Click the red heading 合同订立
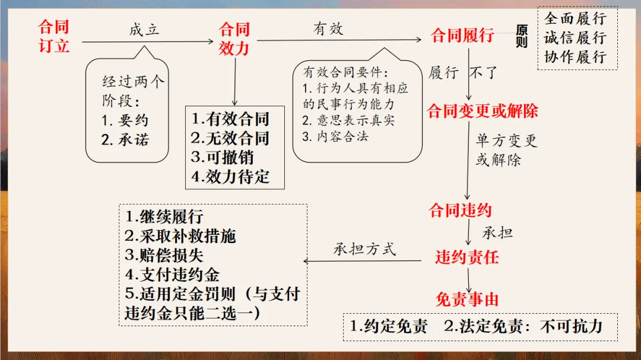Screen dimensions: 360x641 pos(54,36)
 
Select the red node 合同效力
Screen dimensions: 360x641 pos(234,38)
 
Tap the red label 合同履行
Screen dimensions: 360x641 pos(462,36)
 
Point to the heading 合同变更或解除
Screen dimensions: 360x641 pos(483,111)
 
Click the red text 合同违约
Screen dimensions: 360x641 pos(461,210)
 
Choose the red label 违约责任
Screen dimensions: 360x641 pos(467,257)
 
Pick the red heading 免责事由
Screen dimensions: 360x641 pos(467,300)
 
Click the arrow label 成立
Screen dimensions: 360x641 pos(144,29)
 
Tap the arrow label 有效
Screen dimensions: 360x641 pos(328,28)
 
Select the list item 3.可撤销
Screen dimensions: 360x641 pos(222,158)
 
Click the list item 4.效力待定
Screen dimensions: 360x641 pos(230,177)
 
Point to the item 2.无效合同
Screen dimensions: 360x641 pos(230,138)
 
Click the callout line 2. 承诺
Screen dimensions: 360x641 pos(125,140)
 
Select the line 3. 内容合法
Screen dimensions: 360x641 pos(337,136)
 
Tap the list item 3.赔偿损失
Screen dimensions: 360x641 pos(164,256)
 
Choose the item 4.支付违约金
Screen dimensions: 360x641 pos(172,275)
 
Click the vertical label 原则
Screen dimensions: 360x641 pos(522,36)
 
